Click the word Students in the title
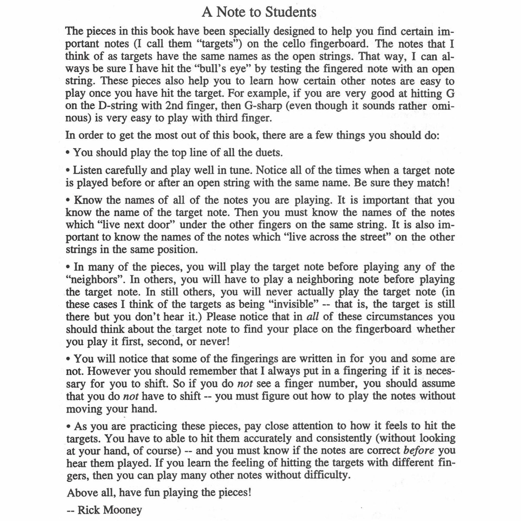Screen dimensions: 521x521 point(291,12)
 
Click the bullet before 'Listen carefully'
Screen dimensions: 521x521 point(68,171)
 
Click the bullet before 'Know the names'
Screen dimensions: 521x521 point(68,201)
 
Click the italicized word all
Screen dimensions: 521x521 point(312,317)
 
